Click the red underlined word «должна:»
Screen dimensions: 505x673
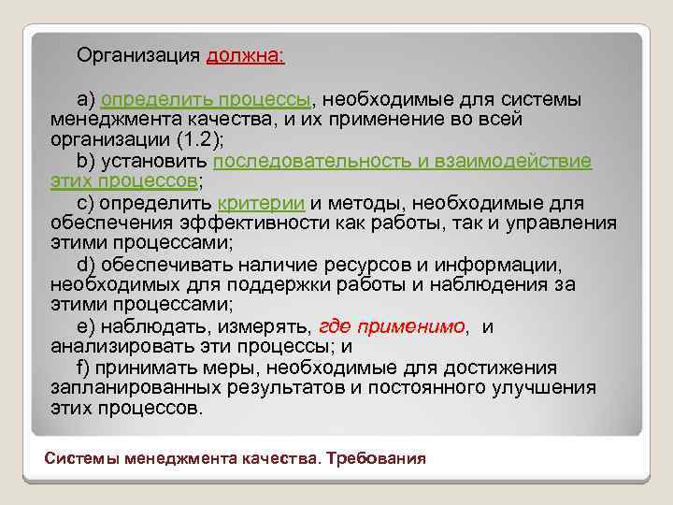(x=246, y=56)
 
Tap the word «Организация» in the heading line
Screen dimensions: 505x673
(x=138, y=56)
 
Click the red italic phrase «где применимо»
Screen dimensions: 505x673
(x=393, y=325)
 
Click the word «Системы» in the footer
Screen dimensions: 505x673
(x=80, y=458)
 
